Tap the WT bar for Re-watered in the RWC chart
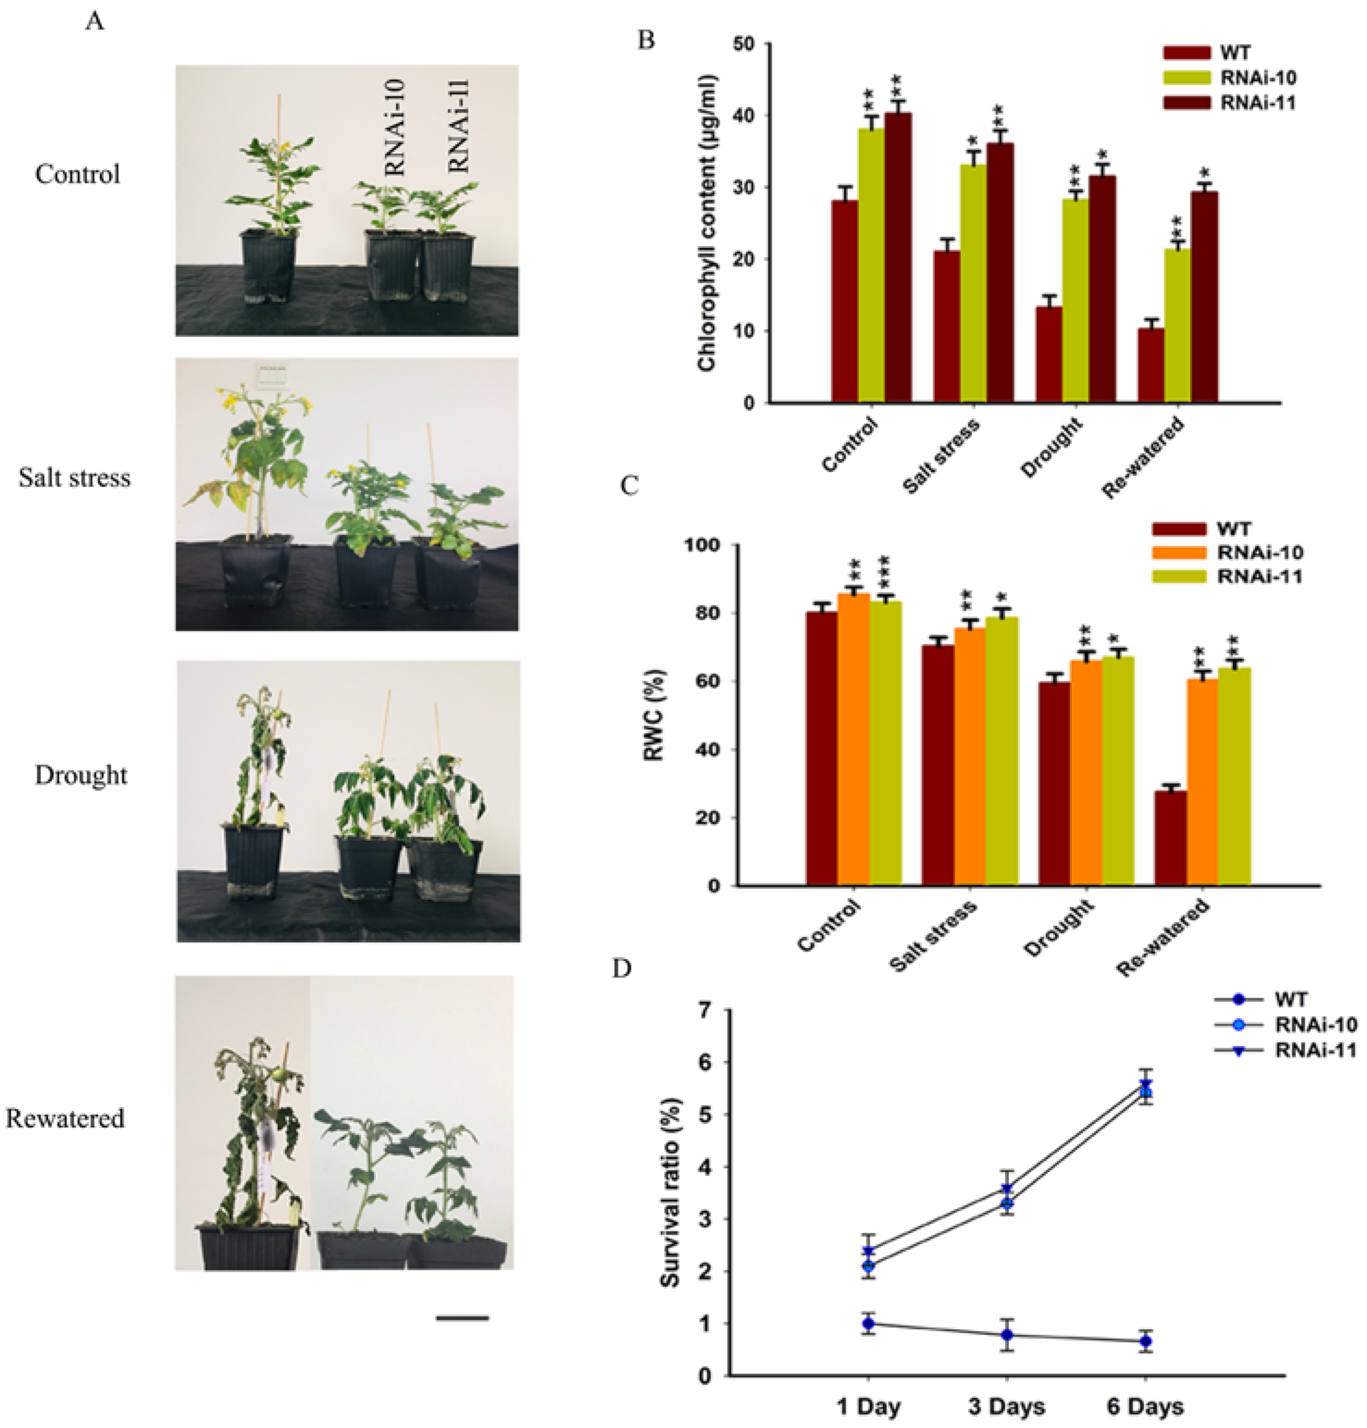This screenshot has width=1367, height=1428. [x=1170, y=838]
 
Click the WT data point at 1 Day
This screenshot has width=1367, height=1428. [x=868, y=1323]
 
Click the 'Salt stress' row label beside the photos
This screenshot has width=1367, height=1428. [x=75, y=478]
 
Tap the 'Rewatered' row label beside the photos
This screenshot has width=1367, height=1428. [x=65, y=1118]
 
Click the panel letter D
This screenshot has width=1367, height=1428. [x=622, y=970]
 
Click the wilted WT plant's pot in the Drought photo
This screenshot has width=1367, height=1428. [x=253, y=860]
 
